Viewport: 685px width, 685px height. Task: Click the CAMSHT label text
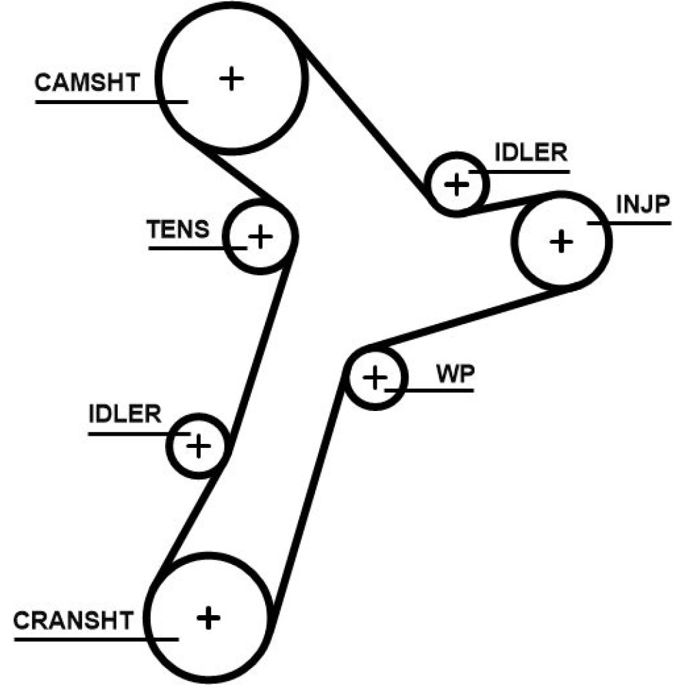pyautogui.click(x=86, y=84)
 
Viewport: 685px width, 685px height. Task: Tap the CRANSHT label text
pyautogui.click(x=73, y=621)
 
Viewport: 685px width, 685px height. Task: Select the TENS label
pyautogui.click(x=179, y=229)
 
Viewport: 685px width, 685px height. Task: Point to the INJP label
pyautogui.click(x=642, y=205)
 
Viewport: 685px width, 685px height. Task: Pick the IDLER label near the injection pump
pyautogui.click(x=532, y=153)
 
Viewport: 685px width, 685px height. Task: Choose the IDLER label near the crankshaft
pyautogui.click(x=125, y=414)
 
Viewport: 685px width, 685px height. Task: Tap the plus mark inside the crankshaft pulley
pyautogui.click(x=208, y=619)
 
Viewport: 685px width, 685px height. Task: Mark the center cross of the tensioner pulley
pyautogui.click(x=260, y=237)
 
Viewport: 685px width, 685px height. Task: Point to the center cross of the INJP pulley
pyautogui.click(x=561, y=241)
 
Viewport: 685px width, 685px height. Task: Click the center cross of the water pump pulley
pyautogui.click(x=374, y=377)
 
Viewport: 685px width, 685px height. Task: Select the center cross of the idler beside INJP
pyautogui.click(x=456, y=184)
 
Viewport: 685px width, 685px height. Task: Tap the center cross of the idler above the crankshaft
pyautogui.click(x=198, y=447)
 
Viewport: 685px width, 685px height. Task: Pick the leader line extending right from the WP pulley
pyautogui.click(x=438, y=390)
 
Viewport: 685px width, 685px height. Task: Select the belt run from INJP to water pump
pyautogui.click(x=459, y=319)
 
